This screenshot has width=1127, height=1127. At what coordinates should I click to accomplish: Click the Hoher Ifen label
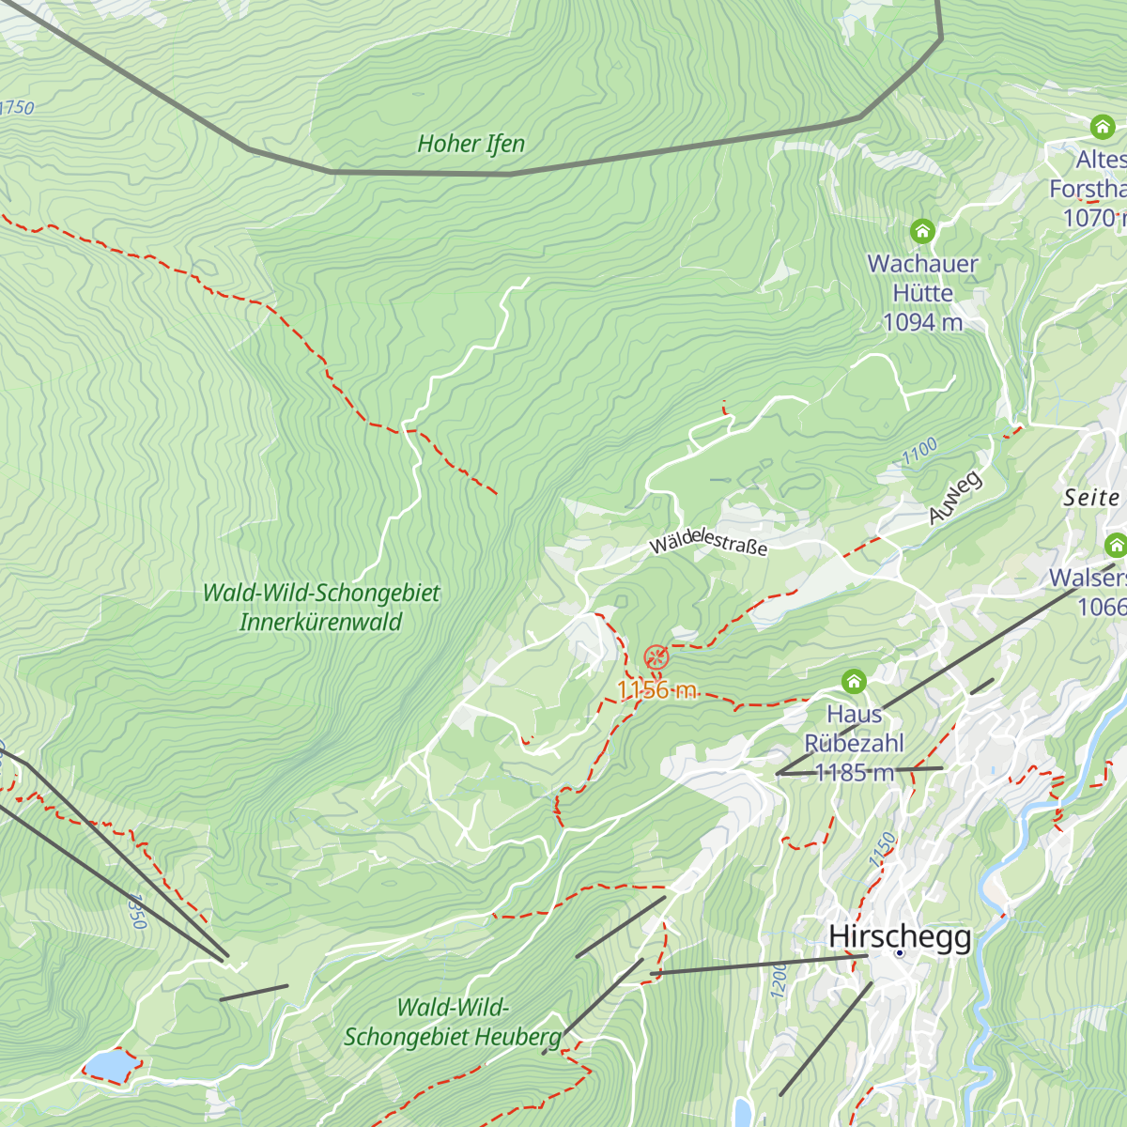471,144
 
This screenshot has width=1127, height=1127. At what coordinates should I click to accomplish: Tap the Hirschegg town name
900,935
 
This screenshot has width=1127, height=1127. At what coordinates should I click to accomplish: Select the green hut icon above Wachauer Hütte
922,230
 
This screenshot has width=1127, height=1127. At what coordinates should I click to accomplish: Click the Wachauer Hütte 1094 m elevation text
922,322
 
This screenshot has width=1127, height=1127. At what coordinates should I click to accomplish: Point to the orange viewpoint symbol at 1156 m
656,656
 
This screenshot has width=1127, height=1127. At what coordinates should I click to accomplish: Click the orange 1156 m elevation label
656,690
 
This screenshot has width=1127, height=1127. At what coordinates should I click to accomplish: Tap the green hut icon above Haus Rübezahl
854,681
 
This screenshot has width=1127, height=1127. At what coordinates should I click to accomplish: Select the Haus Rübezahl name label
854,729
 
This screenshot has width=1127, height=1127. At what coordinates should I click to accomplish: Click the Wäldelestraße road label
708,543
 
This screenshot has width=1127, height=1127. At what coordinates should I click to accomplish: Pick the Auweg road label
955,497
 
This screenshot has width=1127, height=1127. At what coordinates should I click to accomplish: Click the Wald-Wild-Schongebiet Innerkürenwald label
321,608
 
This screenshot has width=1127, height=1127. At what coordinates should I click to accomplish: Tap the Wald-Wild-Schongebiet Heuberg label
453,1023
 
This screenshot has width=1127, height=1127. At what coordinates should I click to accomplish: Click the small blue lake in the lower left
107,1066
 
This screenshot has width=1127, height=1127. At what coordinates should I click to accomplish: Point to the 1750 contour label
17,107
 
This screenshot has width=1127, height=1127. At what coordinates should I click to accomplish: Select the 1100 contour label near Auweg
919,452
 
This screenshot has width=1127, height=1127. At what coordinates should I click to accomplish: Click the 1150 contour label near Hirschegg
882,850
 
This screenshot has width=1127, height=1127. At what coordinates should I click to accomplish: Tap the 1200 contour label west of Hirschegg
779,980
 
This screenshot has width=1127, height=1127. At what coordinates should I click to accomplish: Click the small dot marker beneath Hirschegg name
899,952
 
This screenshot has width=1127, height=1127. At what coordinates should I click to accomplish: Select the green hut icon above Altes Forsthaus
1102,127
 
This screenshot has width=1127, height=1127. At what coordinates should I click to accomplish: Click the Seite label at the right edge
1092,498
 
